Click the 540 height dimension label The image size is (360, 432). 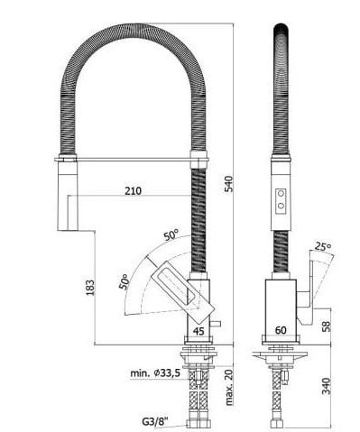coord(229,184)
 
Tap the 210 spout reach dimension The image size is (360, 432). coord(134,191)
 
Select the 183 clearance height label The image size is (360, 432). coord(90,288)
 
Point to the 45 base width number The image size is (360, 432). coord(198,331)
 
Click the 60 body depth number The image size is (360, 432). coord(281,330)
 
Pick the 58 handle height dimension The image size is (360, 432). coord(326,326)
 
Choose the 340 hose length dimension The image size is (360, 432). coord(326,386)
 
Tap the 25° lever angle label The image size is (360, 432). coord(323,247)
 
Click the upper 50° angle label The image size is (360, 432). coord(171,234)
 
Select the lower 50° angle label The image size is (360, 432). coord(125,281)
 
